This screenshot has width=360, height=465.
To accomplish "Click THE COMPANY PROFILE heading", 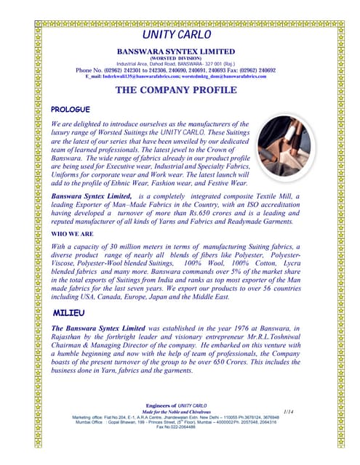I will coord(176,90).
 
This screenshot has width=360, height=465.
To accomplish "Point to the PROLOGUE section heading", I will coord(70,109).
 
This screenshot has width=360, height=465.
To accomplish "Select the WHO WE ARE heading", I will coord(71,235).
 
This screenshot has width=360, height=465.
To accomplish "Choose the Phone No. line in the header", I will coord(176,70).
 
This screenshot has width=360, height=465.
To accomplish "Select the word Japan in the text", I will coord(180,297).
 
